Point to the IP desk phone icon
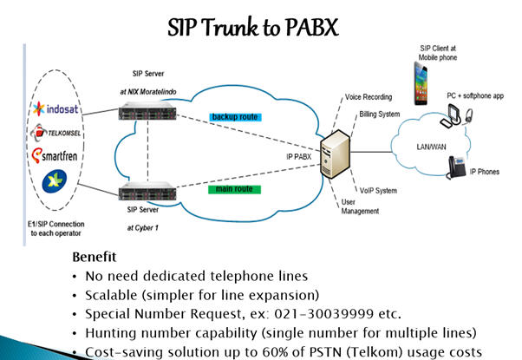pos(458,168)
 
